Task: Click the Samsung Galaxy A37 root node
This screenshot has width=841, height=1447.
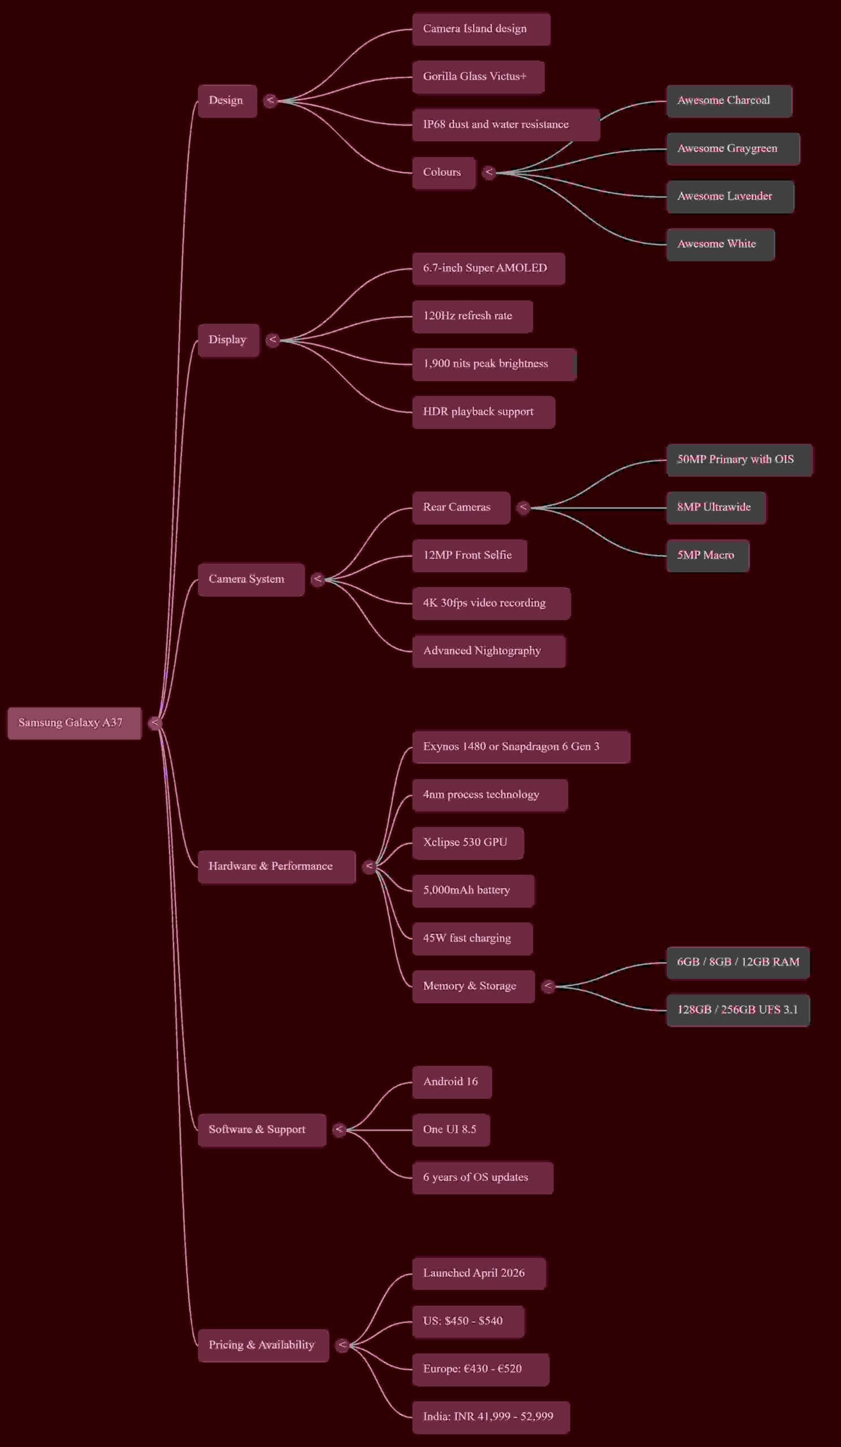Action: coord(75,723)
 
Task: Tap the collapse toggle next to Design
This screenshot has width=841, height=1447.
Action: coord(270,101)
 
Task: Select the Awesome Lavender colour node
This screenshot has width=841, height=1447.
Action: coord(730,196)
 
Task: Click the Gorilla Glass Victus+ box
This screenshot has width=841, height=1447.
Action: coord(478,76)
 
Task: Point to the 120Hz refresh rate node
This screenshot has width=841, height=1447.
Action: coord(472,316)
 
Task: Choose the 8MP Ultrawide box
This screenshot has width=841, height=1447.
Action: coord(716,507)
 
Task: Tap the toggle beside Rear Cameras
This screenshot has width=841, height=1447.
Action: coord(523,507)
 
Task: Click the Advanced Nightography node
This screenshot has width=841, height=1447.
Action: coord(488,651)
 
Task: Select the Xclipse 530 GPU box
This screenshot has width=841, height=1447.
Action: coord(467,842)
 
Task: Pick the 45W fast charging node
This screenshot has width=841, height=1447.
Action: coord(472,938)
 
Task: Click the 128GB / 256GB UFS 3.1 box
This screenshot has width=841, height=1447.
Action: coord(738,1010)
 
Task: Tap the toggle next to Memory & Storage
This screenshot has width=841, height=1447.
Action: coord(548,986)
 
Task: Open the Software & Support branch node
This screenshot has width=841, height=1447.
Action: coord(262,1129)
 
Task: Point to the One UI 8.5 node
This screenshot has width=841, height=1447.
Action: coord(450,1129)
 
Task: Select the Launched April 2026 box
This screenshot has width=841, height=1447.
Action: coord(478,1273)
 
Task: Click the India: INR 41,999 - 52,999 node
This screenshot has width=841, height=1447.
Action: coord(491,1416)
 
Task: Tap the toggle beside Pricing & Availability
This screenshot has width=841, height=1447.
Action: coord(342,1345)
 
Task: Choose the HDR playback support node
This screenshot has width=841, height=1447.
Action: coord(483,411)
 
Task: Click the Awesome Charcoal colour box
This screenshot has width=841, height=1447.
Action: coord(729,101)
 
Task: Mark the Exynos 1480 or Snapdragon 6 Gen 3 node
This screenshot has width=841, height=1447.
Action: coord(521,747)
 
